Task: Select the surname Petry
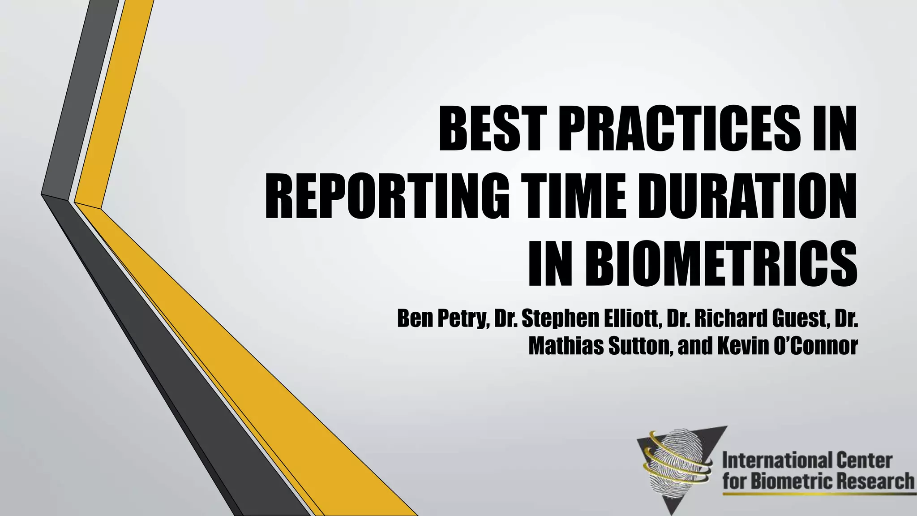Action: point(461,319)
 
